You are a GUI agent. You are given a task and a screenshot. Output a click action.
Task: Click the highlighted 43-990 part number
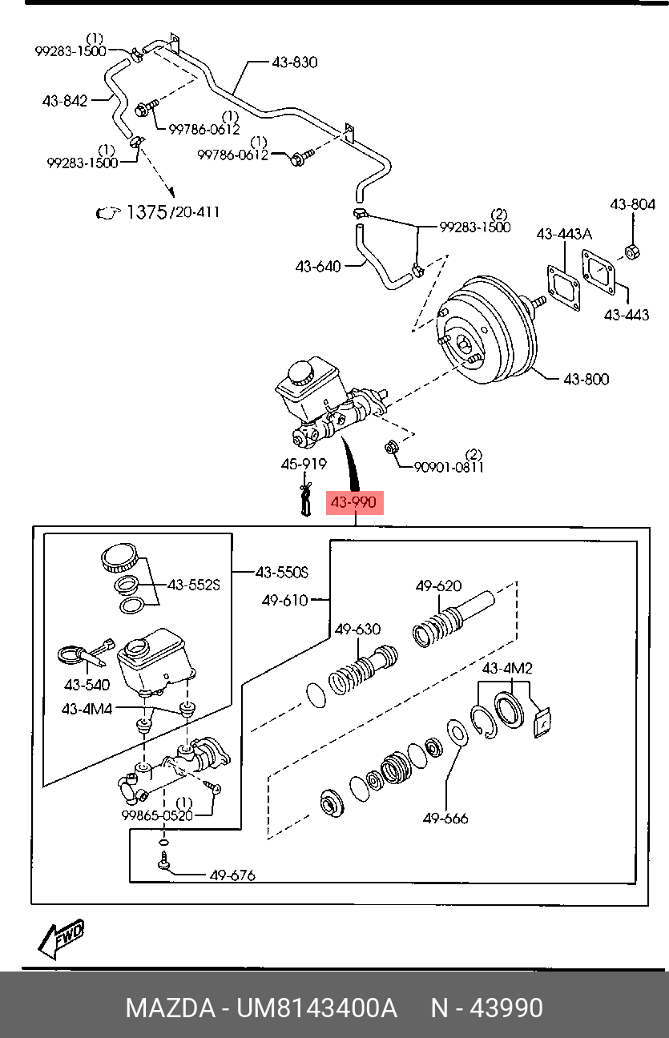click(x=354, y=502)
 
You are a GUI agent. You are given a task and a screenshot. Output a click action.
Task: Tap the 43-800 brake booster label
click(x=586, y=380)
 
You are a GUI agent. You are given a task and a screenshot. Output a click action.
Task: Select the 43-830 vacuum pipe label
click(x=294, y=62)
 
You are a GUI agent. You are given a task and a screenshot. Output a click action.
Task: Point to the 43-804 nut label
click(x=632, y=204)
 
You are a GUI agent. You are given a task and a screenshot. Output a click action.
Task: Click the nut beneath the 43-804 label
click(x=631, y=251)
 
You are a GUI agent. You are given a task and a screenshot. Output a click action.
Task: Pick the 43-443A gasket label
click(x=564, y=234)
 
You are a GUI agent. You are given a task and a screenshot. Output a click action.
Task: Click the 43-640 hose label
click(x=318, y=267)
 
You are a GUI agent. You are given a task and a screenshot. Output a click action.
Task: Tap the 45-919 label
click(x=304, y=464)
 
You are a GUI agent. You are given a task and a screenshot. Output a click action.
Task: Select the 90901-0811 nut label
click(x=449, y=467)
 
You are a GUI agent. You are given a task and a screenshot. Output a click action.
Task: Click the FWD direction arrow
click(x=61, y=939)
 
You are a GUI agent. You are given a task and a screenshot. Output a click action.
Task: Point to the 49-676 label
click(x=232, y=875)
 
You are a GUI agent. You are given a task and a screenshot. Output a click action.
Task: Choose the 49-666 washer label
click(x=445, y=819)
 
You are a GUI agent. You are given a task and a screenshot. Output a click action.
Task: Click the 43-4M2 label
click(x=507, y=668)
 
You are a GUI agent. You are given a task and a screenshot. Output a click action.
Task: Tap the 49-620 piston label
click(x=438, y=585)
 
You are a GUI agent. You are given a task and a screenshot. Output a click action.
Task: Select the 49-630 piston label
click(x=357, y=630)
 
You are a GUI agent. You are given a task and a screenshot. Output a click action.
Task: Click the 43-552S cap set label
click(x=193, y=585)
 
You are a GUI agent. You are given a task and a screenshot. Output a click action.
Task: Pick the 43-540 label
click(x=87, y=685)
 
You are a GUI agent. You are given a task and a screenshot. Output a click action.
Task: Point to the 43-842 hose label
click(x=65, y=101)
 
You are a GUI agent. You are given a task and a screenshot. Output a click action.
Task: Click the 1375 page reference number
click(x=147, y=212)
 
